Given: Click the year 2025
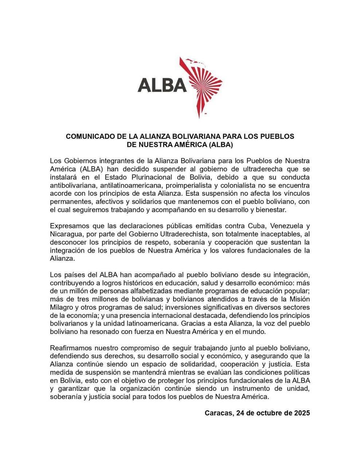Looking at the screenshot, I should pyautogui.click(x=301, y=413).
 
